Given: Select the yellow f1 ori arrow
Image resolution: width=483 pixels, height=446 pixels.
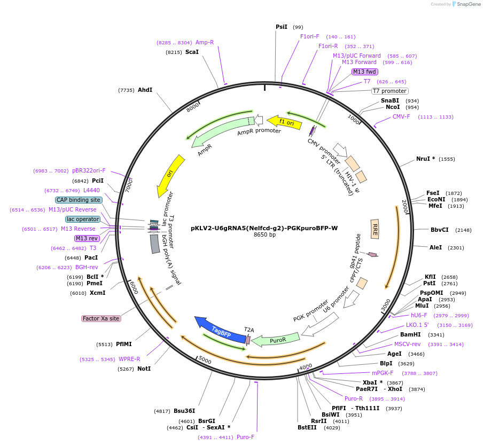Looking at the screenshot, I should point(282,122).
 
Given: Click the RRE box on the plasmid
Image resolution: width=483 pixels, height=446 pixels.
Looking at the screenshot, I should point(375,229).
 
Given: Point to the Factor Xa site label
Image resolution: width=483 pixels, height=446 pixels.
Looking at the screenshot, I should point(101,318).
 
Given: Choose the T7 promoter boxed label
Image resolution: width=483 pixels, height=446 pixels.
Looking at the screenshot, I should point(390,91).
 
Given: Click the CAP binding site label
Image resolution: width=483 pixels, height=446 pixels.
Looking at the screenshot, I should point(78,200).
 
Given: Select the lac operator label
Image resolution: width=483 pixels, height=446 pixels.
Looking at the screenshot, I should point(83,219).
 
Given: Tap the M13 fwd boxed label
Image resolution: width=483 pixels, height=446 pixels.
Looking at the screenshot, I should point(365,72).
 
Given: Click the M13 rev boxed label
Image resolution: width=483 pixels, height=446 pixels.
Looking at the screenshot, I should point(87,238).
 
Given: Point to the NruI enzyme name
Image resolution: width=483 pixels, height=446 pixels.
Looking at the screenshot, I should point(425,159).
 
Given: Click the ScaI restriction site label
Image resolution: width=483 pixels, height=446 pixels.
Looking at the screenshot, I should point(192,52).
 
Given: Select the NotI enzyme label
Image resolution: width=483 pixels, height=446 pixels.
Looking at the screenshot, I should point(144,369).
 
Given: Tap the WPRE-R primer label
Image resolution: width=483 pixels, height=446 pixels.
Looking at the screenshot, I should point(129,359).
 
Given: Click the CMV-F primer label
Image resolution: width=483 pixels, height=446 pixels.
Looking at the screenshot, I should point(401,116).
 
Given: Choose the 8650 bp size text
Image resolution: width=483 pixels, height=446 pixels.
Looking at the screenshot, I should point(264,234).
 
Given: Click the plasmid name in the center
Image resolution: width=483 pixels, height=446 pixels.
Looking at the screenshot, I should point(264,228).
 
